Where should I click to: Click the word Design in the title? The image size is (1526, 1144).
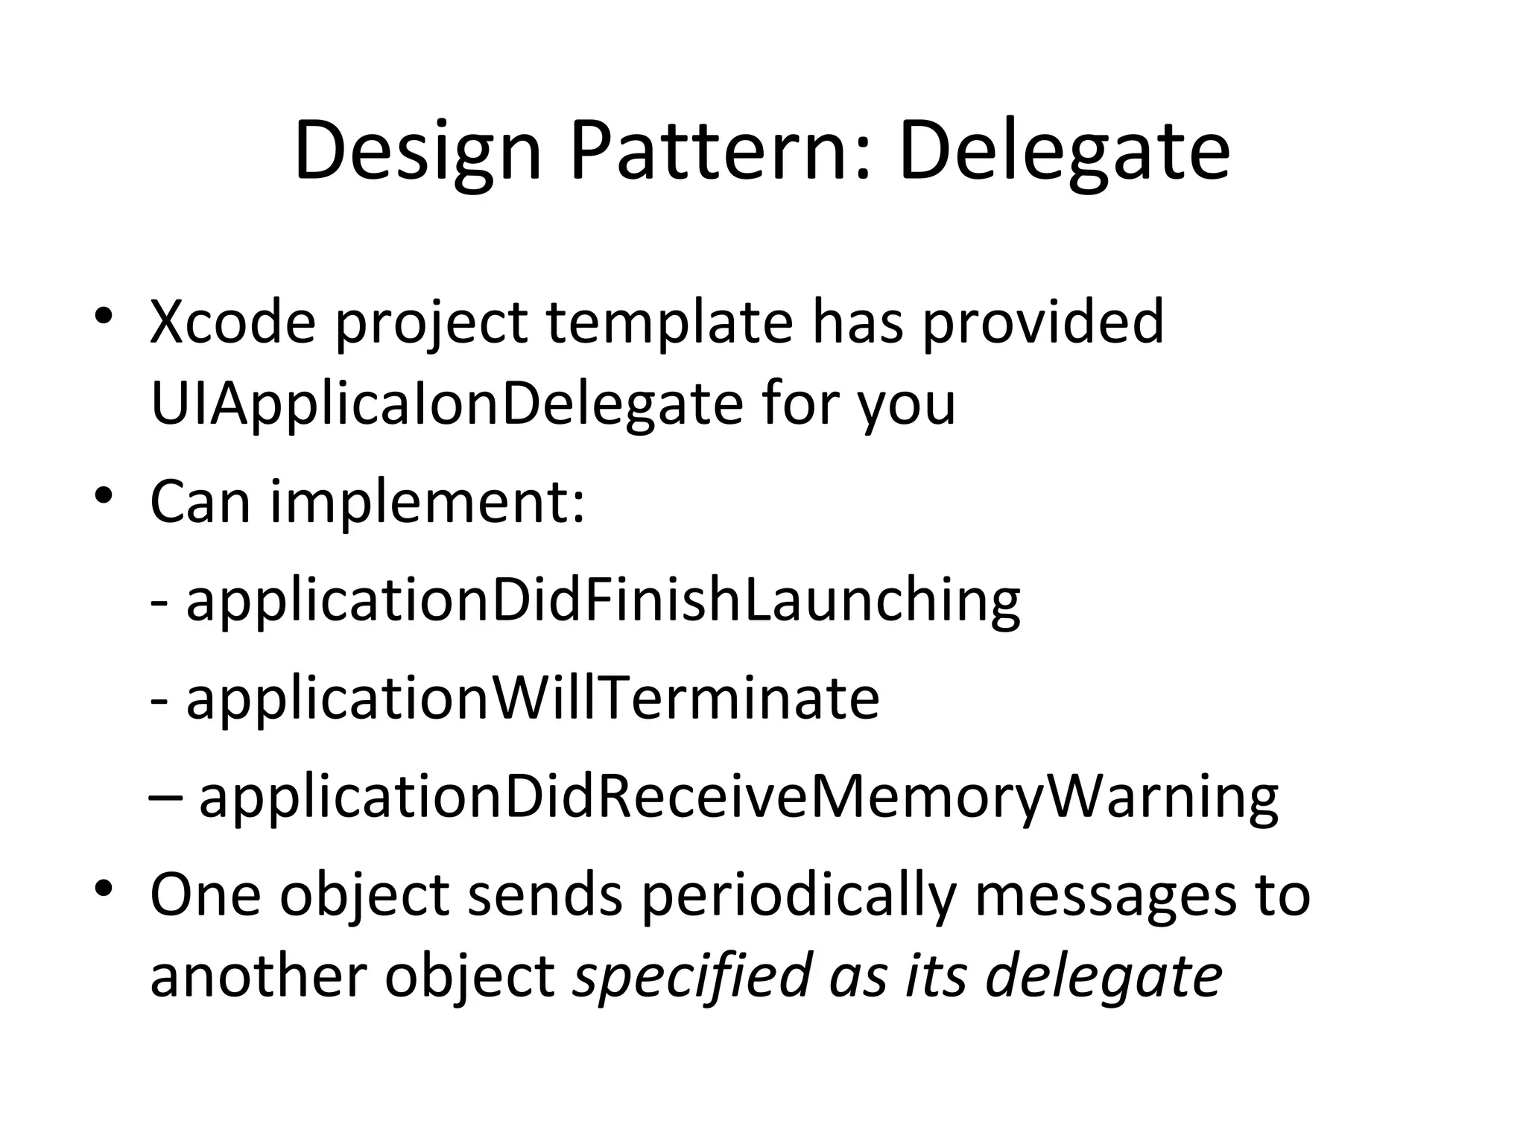click(417, 153)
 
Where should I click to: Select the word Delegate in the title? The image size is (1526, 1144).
click(1064, 153)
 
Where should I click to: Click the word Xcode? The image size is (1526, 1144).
click(232, 322)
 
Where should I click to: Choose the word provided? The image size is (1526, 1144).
click(1042, 322)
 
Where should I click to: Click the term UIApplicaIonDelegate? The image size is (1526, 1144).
click(446, 404)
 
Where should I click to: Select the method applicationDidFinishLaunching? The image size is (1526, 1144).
click(603, 600)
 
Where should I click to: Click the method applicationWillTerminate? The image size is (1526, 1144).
click(532, 698)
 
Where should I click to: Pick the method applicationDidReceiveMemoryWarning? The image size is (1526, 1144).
click(738, 798)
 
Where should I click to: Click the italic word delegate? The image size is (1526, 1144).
click(1104, 977)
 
